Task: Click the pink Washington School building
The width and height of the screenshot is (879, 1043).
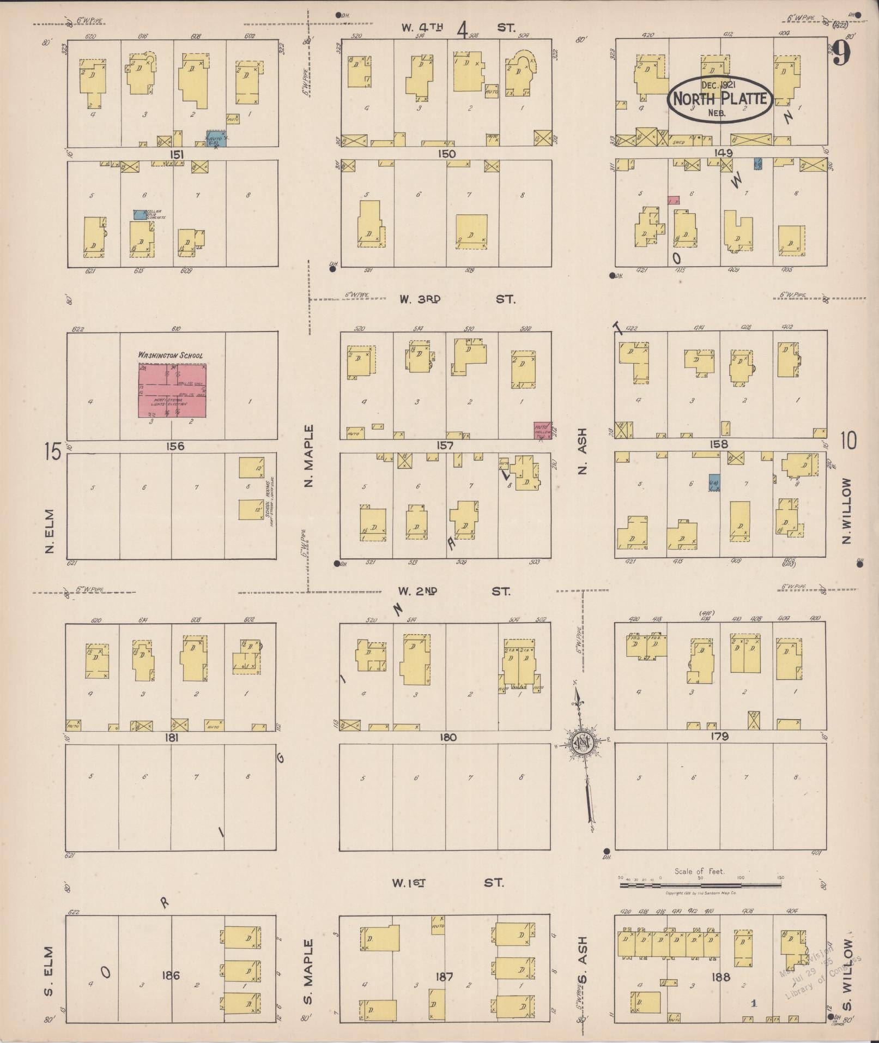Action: point(172,390)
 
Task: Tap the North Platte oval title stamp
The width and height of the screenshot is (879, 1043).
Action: point(720,99)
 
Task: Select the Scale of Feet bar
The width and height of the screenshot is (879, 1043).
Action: point(700,885)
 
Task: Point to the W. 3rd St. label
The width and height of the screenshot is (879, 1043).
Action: point(457,299)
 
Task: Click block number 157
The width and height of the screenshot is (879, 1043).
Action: point(445,445)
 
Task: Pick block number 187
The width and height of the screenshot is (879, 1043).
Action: point(445,976)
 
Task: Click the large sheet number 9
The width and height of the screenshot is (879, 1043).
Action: point(842,53)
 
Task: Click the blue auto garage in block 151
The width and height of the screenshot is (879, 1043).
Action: point(216,139)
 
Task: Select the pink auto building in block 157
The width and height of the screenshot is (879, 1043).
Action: point(542,430)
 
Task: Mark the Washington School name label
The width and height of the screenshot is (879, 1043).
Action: point(171,355)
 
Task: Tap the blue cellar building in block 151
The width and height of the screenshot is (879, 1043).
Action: point(140,215)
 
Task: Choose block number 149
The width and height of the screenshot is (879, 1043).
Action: point(720,153)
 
